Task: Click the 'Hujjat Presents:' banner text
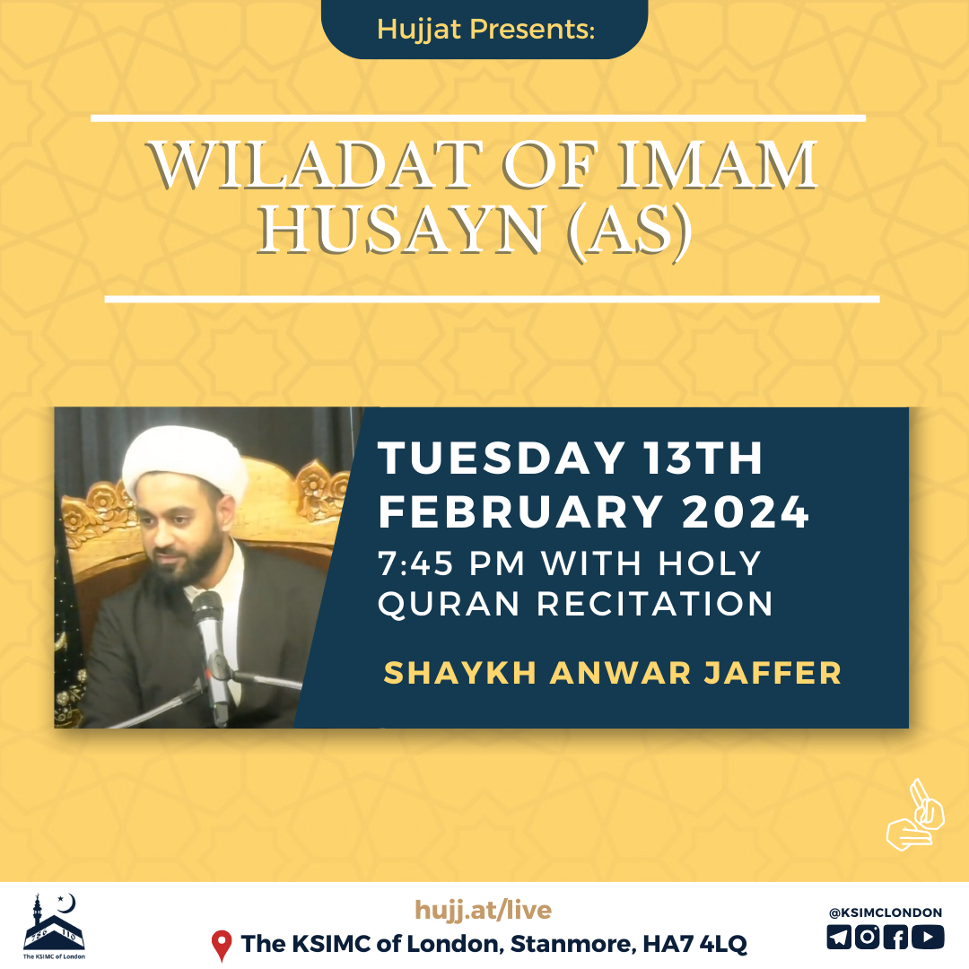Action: coord(485,29)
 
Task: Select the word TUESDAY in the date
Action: coord(502,458)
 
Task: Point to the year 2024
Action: coord(746,511)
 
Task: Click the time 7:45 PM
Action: coord(451,563)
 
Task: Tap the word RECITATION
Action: coord(655,603)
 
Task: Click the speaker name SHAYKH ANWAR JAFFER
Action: coord(613,673)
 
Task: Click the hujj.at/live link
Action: coord(484,910)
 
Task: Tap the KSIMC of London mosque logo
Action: coord(54,926)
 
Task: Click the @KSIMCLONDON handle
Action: coord(885,912)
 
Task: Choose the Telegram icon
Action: coord(839,937)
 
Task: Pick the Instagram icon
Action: coord(867,937)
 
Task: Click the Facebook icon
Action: coord(895,937)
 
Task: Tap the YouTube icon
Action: coord(928,937)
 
